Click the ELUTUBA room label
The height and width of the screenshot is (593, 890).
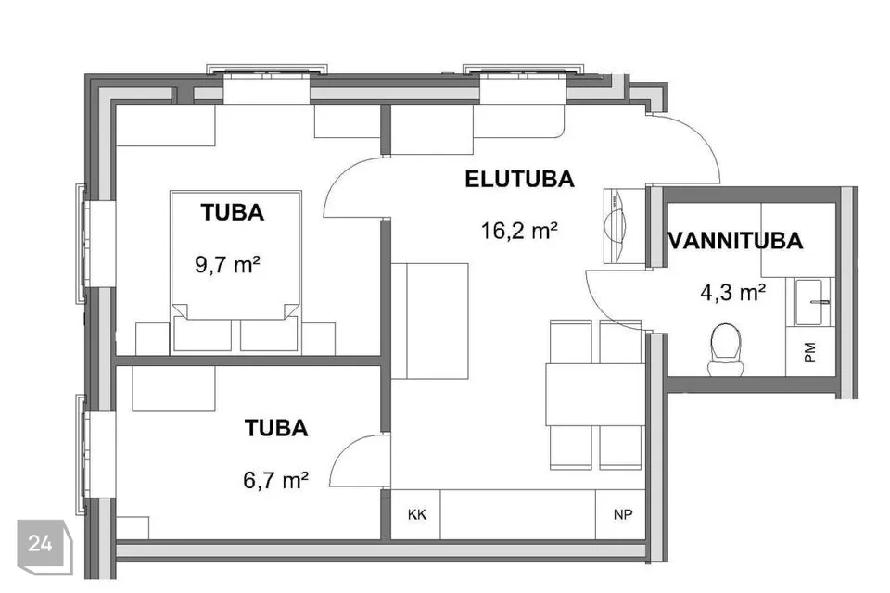[519, 180]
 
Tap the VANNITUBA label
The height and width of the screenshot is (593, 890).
[736, 241]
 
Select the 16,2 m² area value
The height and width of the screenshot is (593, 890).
[519, 231]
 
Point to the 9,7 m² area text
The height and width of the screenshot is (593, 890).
[228, 264]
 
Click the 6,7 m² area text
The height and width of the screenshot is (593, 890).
[276, 480]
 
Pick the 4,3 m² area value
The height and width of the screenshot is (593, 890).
[733, 292]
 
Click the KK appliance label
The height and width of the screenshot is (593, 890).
[417, 514]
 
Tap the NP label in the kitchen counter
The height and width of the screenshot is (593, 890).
[623, 514]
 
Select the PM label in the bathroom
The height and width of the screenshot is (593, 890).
[810, 352]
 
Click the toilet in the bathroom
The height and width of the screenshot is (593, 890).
[726, 349]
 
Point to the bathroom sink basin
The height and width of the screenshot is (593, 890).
[812, 302]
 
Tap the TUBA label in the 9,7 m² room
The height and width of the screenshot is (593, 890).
[232, 212]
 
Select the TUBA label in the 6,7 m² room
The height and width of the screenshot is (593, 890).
[276, 427]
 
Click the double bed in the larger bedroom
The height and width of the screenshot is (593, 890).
[235, 271]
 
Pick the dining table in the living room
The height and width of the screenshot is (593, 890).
[595, 395]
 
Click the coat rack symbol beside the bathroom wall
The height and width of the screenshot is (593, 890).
[616, 226]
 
